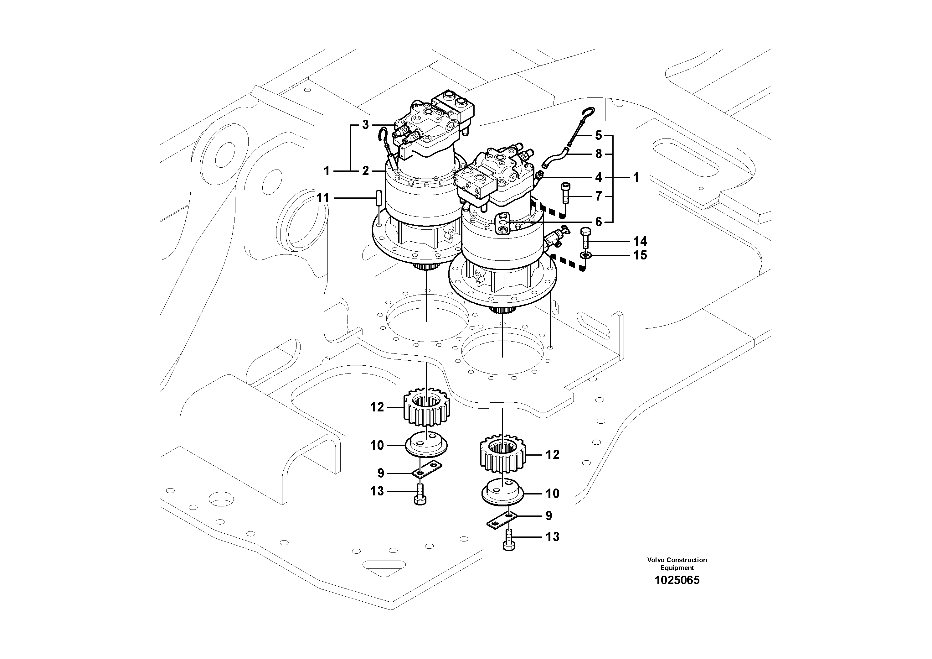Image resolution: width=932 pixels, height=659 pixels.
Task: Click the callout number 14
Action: point(640,241)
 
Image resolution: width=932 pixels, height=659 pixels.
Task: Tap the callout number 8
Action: point(598,154)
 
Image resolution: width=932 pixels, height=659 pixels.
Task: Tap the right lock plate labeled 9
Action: point(502,520)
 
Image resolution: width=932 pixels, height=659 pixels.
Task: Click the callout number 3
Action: point(365,125)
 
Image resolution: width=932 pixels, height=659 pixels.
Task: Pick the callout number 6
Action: point(598,222)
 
